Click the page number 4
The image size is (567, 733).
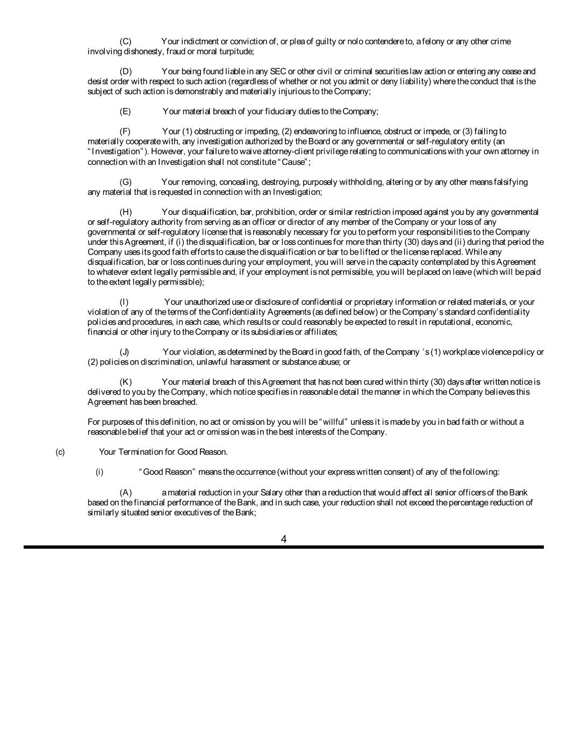tap(284, 539)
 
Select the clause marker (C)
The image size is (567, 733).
tap(125, 41)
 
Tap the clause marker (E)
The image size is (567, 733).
tap(125, 112)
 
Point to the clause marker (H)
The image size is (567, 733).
tap(125, 212)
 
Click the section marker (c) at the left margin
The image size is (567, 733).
tap(60, 452)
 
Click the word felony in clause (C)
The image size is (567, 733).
tap(432, 41)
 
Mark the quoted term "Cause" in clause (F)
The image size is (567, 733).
tap(294, 162)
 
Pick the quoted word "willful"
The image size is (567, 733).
tap(335, 422)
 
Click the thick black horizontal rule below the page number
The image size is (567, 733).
tap(284, 547)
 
